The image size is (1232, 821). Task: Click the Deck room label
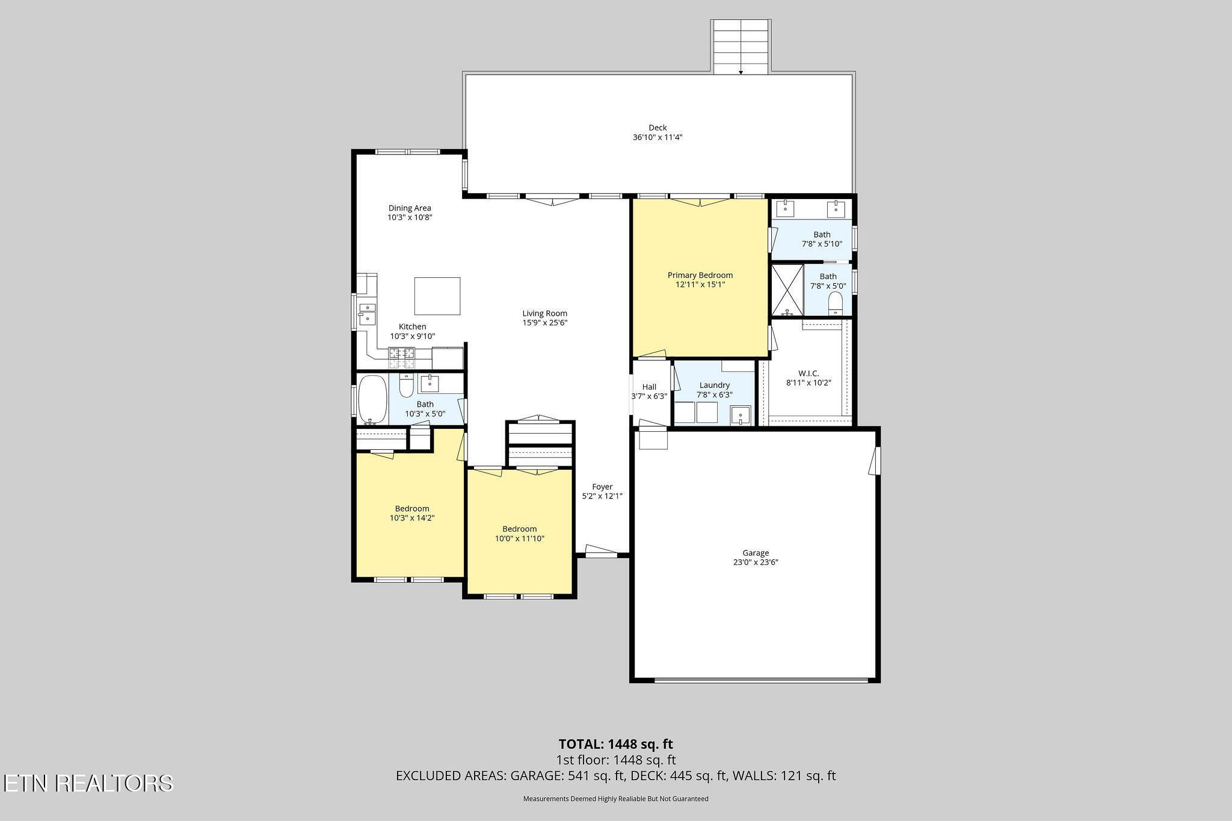point(658,128)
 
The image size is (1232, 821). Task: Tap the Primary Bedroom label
point(700,275)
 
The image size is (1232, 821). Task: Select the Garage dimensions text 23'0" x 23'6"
point(756,562)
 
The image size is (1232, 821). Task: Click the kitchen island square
point(437,296)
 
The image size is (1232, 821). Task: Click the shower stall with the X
point(787,291)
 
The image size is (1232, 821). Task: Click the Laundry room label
point(715,385)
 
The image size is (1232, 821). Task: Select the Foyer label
point(602,487)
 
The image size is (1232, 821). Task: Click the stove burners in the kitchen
point(402,358)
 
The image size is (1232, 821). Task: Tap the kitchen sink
point(367,315)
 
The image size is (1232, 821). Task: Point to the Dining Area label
point(410,208)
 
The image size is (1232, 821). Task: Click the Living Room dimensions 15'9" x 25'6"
point(545,322)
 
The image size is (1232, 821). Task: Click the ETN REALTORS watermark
point(88,783)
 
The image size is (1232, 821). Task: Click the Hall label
point(649,387)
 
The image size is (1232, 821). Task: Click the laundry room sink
point(741,416)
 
